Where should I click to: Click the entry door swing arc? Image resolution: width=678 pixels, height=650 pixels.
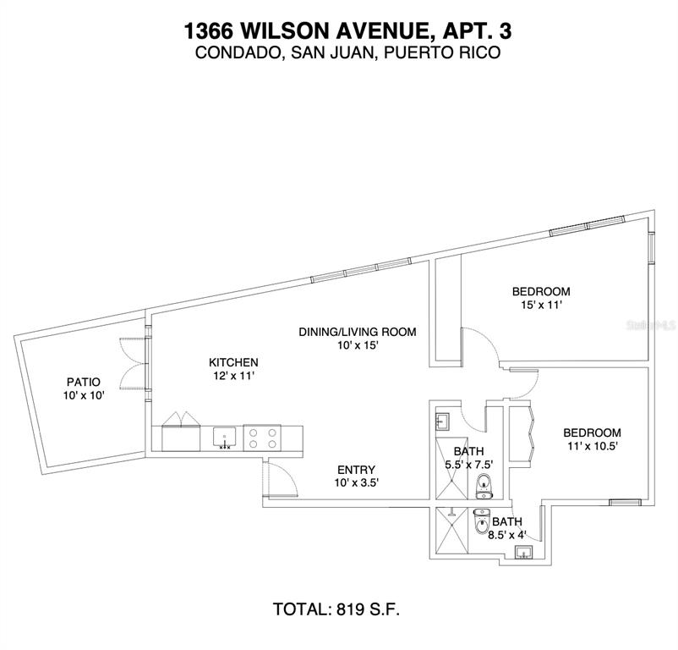(283, 482)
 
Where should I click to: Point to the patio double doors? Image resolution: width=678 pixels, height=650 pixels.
(134, 362)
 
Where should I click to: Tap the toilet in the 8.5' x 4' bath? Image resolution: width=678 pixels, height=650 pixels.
(481, 525)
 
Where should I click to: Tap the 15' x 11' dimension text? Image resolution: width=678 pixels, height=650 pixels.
(540, 307)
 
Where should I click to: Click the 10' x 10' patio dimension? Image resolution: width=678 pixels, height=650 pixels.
(83, 395)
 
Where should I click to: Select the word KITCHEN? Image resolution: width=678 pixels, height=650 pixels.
(233, 362)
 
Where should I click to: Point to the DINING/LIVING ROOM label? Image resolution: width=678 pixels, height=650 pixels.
(357, 332)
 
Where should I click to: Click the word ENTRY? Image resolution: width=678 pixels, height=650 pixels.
(357, 470)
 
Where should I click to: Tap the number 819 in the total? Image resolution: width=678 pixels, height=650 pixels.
(350, 609)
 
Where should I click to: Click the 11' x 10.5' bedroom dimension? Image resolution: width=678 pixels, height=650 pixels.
(592, 447)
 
